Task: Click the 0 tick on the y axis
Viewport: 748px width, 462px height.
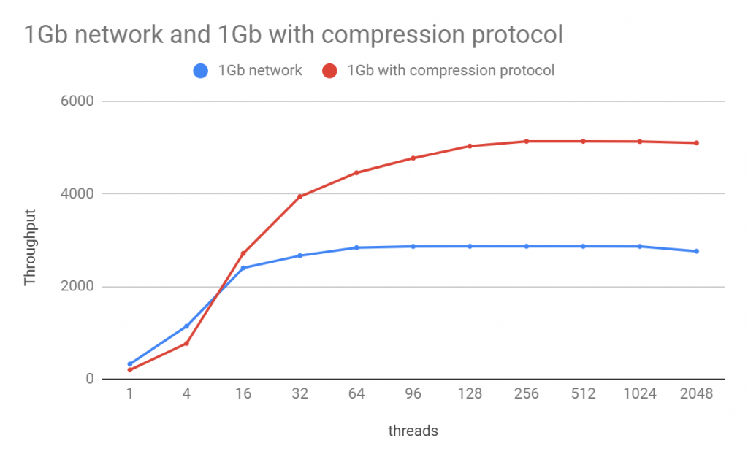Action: [89, 379]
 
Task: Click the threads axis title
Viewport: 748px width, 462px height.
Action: [413, 431]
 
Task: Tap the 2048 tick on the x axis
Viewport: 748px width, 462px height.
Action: [696, 394]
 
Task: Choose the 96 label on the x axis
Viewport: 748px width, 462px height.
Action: [413, 394]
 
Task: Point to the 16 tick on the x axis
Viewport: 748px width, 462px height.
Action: [243, 394]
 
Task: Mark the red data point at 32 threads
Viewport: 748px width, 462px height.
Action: [300, 196]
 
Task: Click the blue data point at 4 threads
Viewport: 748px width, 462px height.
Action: [187, 326]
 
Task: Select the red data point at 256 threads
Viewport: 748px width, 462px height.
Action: [527, 141]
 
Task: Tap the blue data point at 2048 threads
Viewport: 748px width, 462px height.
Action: [696, 251]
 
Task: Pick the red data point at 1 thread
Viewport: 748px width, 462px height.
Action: [130, 370]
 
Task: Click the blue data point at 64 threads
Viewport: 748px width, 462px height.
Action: [356, 247]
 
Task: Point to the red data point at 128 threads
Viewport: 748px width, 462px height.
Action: [470, 146]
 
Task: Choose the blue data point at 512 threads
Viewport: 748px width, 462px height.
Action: [583, 246]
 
